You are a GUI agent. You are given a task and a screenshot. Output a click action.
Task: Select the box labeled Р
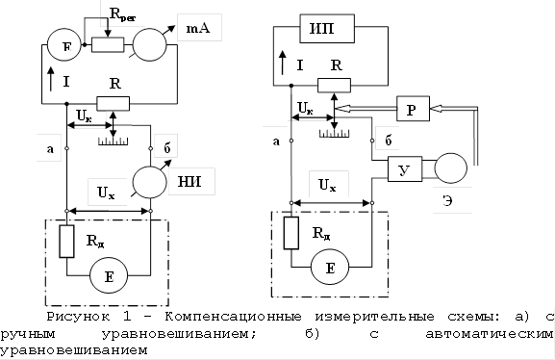point(410,112)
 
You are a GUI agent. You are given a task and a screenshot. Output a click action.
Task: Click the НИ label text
point(200,183)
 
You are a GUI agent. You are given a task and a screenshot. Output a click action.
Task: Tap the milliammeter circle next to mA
point(152,45)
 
